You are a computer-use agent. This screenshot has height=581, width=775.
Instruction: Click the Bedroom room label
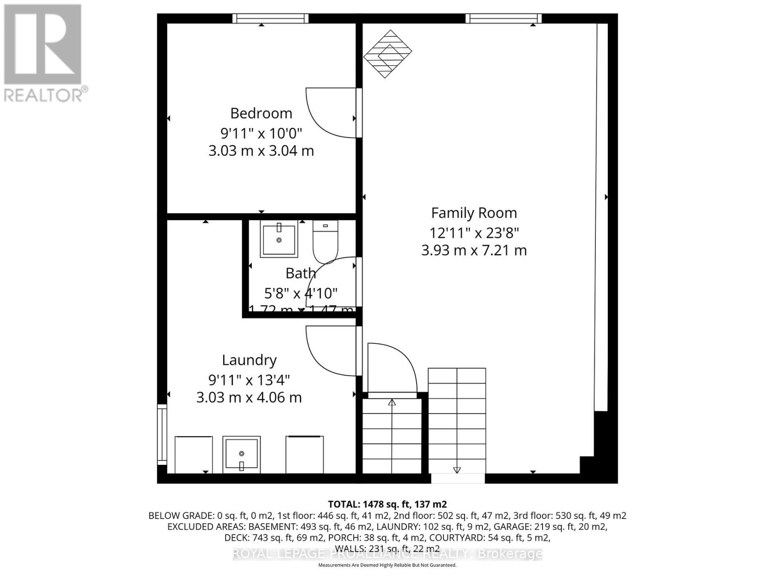coord(261,113)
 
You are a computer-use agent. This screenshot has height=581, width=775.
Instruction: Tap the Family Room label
coord(474,213)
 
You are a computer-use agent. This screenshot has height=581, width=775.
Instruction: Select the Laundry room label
coord(249,360)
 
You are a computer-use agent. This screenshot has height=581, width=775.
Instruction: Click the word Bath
coord(300,274)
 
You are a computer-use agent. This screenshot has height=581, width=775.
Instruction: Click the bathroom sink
coord(279,239)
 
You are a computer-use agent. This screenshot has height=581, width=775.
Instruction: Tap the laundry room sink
coord(241,454)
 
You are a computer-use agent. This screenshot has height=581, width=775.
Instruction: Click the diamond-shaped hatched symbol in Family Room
coord(387,54)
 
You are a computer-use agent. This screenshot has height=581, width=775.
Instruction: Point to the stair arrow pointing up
coord(392,403)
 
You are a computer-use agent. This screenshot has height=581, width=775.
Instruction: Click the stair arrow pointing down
coord(456,469)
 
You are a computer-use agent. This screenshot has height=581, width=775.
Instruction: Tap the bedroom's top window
coord(270,18)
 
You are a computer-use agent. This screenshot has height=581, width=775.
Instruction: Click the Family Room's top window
coord(503,18)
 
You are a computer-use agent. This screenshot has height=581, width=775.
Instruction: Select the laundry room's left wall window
coord(162,434)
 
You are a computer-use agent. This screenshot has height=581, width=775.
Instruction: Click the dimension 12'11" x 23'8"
coord(474,233)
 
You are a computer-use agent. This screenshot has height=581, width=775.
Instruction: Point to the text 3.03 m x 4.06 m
coord(249,398)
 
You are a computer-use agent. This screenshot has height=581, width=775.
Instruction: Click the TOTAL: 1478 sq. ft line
coord(387,504)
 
